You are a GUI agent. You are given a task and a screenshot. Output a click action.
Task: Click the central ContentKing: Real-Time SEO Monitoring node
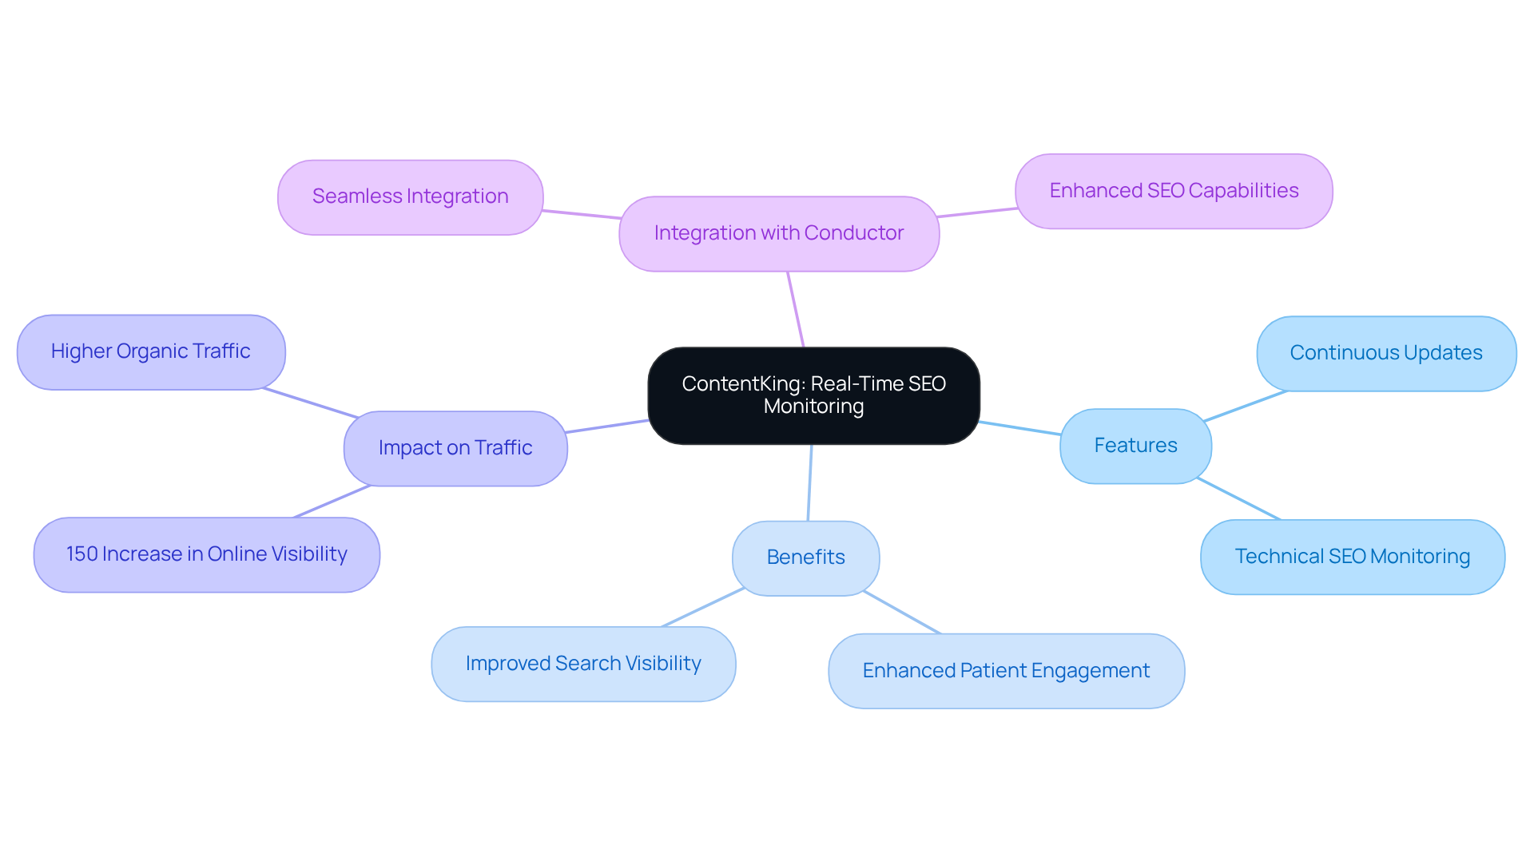tap(813, 395)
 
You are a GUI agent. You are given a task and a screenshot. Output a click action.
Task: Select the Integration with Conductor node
tap(778, 233)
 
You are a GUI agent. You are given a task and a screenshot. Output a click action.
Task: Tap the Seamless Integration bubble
tap(410, 196)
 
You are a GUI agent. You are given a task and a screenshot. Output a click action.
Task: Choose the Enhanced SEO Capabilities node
tap(1173, 191)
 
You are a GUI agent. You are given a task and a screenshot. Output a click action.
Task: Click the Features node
tap(1135, 446)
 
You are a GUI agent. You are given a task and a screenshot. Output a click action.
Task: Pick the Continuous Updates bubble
tap(1385, 353)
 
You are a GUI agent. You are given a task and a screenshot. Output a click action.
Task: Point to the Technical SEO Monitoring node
tap(1352, 557)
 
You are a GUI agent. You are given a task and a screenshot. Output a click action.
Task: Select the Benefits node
tap(805, 557)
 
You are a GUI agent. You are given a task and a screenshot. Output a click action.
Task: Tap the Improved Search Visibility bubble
tap(582, 664)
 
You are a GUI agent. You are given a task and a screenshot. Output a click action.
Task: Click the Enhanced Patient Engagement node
tap(1005, 671)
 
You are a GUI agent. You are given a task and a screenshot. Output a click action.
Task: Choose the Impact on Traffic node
tap(455, 448)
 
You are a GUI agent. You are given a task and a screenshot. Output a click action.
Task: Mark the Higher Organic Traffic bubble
tap(150, 351)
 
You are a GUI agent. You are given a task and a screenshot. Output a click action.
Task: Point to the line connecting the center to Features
tap(1020, 428)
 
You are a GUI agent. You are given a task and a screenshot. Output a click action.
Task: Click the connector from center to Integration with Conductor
tap(796, 310)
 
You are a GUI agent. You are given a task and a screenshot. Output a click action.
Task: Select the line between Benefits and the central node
tap(809, 482)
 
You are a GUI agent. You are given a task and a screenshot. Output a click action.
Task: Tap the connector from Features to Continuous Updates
tap(1245, 406)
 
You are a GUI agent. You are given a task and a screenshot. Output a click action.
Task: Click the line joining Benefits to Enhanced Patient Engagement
tap(902, 613)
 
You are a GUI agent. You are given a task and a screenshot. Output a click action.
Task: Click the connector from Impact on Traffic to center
tap(607, 427)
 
